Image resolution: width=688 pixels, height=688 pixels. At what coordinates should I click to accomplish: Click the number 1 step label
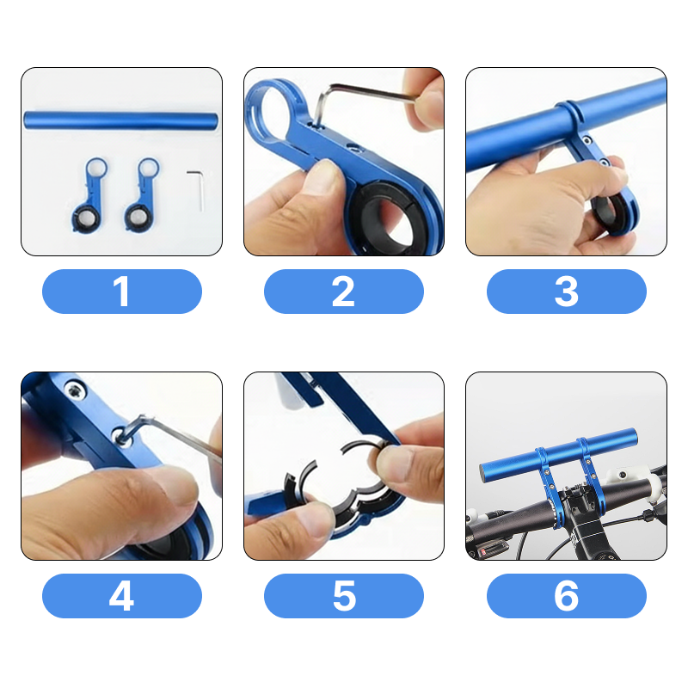[x=121, y=292]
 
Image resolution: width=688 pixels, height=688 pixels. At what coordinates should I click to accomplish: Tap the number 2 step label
[x=343, y=292]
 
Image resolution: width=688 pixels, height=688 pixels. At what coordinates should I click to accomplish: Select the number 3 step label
[x=567, y=292]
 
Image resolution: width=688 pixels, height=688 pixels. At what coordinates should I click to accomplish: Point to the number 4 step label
[x=121, y=596]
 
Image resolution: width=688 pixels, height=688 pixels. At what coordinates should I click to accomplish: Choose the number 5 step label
[x=343, y=596]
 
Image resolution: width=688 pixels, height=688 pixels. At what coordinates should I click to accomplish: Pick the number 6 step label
[x=567, y=596]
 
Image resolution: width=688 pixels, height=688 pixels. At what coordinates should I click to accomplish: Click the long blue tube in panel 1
[x=120, y=120]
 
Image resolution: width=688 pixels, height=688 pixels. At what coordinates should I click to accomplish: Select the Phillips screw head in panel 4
[x=75, y=390]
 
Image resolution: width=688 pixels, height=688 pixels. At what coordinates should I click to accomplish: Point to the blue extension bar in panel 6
[x=558, y=454]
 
